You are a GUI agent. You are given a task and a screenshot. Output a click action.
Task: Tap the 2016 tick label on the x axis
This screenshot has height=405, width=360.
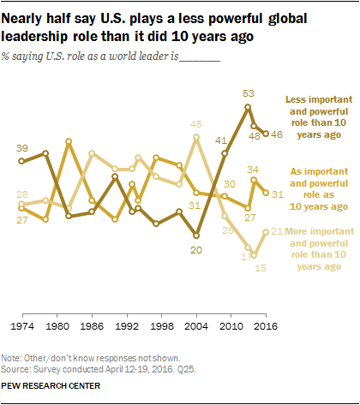[x=267, y=327]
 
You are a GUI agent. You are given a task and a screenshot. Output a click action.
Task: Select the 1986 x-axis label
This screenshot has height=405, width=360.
[x=92, y=327]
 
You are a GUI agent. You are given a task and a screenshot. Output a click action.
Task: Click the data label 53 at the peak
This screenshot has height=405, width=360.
[x=249, y=93]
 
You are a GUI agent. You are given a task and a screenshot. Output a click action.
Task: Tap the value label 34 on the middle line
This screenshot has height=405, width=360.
[x=255, y=169]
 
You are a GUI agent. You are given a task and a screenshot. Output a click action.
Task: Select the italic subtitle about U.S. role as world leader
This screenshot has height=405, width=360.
[x=112, y=58]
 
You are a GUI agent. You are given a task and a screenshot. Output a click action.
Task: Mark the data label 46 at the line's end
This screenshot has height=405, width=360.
[x=278, y=134]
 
